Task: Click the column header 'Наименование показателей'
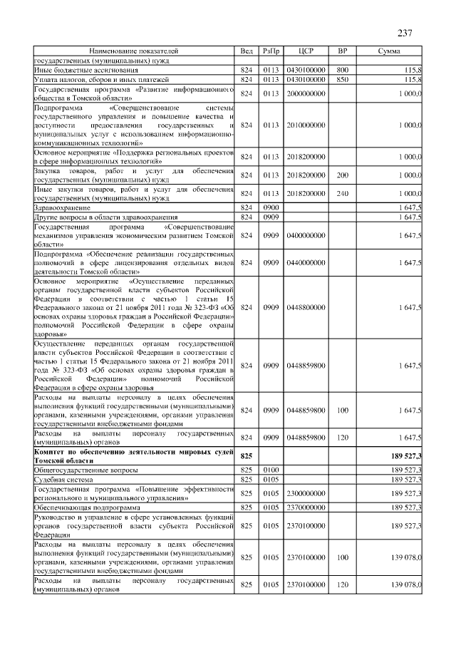(x=134, y=52)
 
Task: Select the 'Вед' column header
(x=247, y=52)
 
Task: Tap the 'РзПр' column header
(x=271, y=52)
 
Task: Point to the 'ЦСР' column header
(x=306, y=52)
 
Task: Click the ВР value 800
(x=342, y=71)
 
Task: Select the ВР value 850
(x=342, y=80)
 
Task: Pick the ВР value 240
(x=342, y=193)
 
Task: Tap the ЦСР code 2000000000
(x=306, y=93)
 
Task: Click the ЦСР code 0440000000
(x=306, y=263)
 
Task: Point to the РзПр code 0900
(x=271, y=207)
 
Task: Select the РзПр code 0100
(x=271, y=470)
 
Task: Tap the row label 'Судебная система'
(x=63, y=480)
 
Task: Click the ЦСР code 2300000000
(x=306, y=493)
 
